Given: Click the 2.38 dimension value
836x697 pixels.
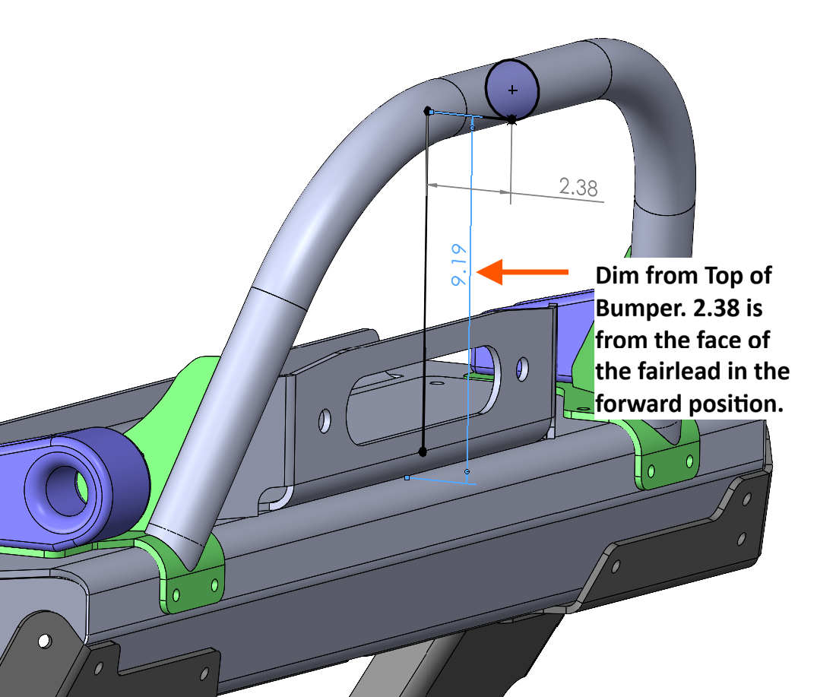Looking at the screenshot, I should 578,187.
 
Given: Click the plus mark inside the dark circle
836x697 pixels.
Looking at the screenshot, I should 512,90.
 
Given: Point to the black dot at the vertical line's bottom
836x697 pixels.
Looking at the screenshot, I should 423,452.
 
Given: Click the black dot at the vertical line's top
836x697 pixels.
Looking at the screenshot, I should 427,111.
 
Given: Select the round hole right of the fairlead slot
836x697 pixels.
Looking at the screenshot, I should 523,368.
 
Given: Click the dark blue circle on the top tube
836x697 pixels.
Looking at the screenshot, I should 512,87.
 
